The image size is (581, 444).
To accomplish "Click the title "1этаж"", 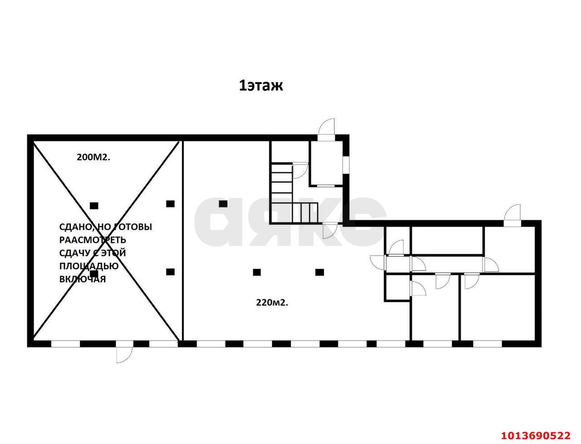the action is [261, 85].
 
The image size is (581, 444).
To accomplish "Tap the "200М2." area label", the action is [93, 157].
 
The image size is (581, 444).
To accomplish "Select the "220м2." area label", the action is [272, 302].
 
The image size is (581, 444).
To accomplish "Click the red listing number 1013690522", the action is [535, 435].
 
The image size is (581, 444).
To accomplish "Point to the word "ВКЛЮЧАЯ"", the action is [82, 279].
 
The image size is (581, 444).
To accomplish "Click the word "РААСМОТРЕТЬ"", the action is [93, 240].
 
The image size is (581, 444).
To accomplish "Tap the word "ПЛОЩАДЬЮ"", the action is [89, 266].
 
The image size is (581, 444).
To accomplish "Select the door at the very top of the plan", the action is [326, 127].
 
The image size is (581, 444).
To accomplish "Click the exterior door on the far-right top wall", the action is [513, 212].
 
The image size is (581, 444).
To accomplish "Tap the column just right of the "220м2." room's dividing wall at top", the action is [223, 203].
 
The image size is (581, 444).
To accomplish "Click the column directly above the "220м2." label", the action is [257, 272].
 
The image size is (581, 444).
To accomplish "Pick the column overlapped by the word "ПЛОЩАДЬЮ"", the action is [94, 273].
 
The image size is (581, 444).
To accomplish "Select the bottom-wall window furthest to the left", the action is [65, 344].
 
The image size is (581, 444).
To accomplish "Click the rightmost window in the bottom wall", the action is [487, 344].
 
